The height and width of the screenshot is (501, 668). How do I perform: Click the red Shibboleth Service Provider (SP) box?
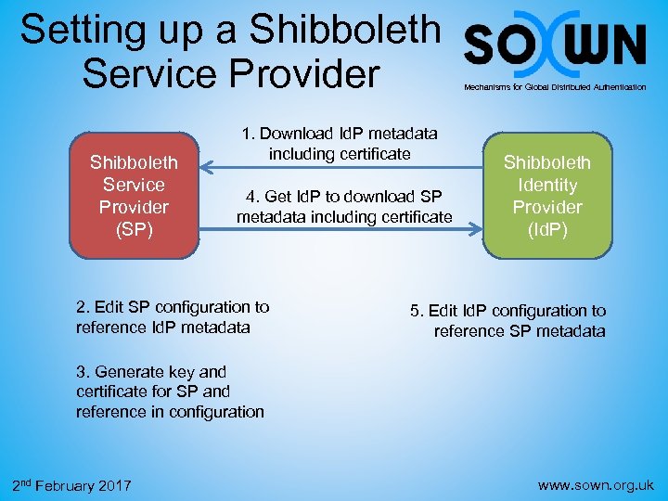pos(135,195)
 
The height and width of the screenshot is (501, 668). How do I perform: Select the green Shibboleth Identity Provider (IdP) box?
pos(547,195)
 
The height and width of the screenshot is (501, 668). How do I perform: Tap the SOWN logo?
pos(555,45)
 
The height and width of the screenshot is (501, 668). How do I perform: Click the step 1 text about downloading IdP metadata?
pos(340,144)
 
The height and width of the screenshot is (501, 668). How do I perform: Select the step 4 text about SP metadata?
pos(344,207)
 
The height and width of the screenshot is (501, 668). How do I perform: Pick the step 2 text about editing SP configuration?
pos(173,316)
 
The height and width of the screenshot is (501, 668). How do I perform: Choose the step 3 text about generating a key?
pos(170,392)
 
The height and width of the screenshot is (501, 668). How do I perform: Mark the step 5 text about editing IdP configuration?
pos(508,321)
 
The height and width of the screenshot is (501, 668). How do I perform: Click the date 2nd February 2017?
pos(71,485)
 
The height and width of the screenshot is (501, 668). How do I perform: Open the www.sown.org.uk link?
pos(597,484)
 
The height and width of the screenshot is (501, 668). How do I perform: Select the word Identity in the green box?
pos(547,185)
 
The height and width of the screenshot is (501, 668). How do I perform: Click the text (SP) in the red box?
pos(135,227)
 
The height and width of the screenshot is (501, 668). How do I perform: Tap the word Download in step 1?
pos(297,135)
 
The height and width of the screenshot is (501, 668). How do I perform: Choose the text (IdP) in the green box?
pos(547,229)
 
